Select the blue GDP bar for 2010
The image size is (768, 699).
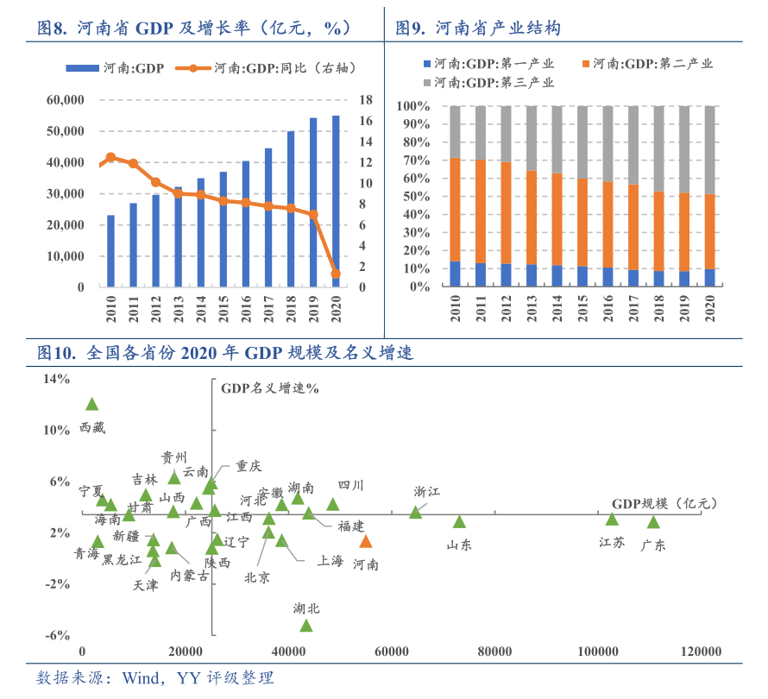tap(110, 251)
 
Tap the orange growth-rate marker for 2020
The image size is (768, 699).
tap(336, 274)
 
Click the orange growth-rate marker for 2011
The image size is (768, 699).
tap(133, 163)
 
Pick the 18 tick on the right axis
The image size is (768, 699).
tap(365, 100)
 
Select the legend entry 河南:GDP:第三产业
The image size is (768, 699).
tap(488, 83)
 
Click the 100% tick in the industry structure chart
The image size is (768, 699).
tap(417, 106)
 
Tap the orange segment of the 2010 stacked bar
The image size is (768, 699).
tap(455, 210)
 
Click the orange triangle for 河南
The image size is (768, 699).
tap(366, 542)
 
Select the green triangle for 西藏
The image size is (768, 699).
tap(91, 404)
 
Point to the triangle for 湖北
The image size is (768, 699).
tap(305, 625)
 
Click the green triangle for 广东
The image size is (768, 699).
tap(653, 522)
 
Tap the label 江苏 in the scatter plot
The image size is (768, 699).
tap(612, 542)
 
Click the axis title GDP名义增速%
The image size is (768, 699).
tap(270, 388)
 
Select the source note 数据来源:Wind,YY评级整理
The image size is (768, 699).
tap(155, 678)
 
